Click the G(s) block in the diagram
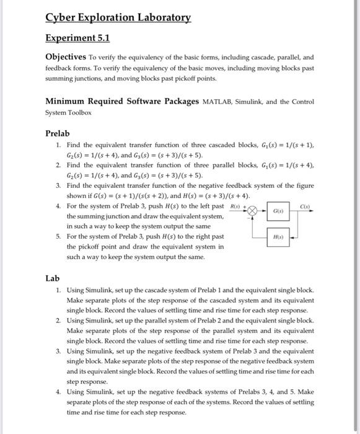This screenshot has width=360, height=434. pos(278,212)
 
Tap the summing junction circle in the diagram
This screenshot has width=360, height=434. pos(252,210)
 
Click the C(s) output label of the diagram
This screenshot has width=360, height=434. pos(304,205)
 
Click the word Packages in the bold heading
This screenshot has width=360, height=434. pos(177,101)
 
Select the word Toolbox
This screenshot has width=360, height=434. pos(77,113)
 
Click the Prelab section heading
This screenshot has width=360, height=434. pos(58,133)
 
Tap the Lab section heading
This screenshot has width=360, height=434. pos(53,278)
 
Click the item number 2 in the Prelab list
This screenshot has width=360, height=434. pos(58,166)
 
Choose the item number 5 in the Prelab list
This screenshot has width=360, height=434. pos(58,236)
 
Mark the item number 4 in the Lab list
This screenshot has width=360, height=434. pos(58,392)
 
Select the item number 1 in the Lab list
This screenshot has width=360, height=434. pos(58,290)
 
